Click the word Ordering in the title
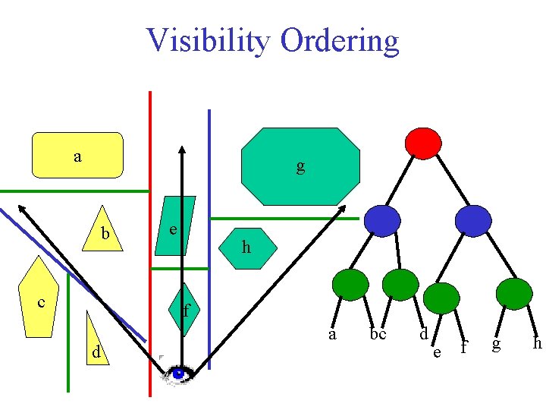click(339, 41)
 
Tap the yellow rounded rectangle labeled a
click(77, 155)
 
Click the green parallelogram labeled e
click(174, 226)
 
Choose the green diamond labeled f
click(184, 310)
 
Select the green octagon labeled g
click(300, 166)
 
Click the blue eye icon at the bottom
click(179, 374)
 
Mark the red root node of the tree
click(423, 142)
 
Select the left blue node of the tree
click(381, 220)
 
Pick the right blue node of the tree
click(473, 220)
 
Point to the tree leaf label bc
click(378, 334)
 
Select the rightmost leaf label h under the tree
click(537, 343)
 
